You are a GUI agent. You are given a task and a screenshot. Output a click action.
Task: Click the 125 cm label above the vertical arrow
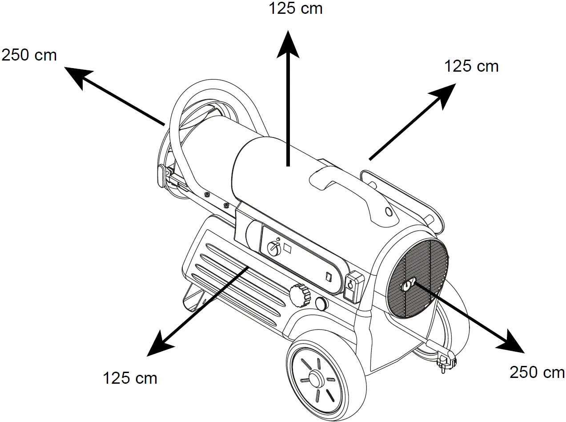coord(296,8)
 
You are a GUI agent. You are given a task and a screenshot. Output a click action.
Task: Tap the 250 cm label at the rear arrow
coord(29,55)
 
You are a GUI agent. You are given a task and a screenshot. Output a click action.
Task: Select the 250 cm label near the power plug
coord(537,373)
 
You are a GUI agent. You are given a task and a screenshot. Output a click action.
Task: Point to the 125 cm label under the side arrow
coord(130,378)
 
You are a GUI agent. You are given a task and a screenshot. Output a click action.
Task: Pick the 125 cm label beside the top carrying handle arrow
coord(472,66)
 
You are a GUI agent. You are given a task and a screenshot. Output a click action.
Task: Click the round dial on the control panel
coord(273,248)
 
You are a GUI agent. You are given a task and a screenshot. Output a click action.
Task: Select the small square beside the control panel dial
coord(288,248)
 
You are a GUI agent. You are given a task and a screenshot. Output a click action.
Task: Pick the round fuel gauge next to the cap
coord(321,304)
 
